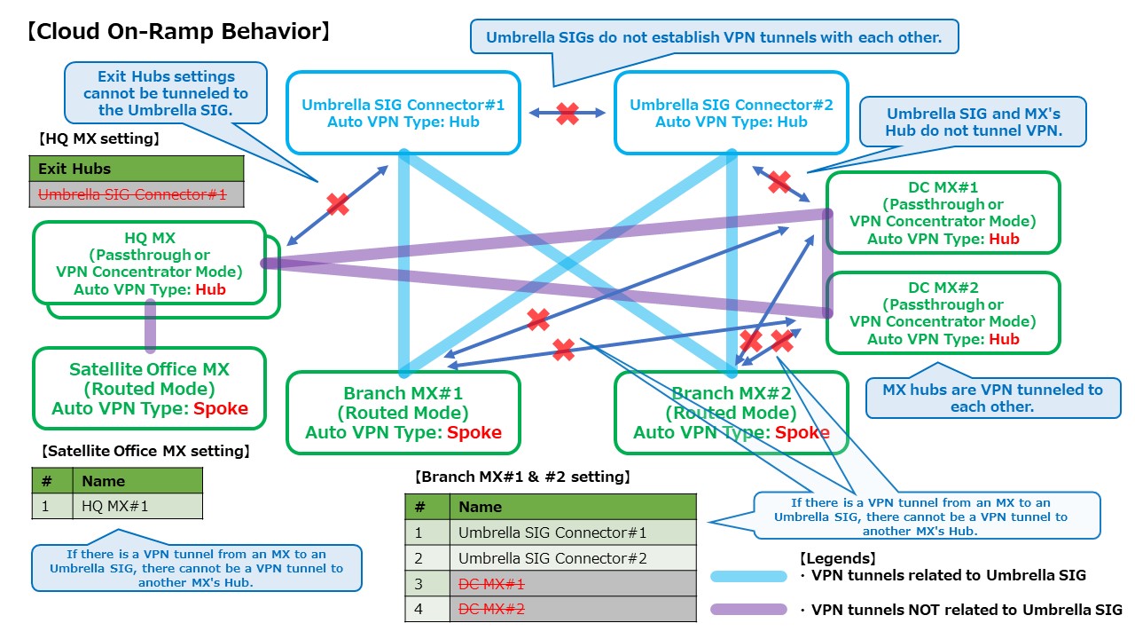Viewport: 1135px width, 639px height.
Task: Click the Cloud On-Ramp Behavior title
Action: click(178, 32)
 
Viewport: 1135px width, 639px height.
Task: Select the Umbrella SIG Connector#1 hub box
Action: click(403, 113)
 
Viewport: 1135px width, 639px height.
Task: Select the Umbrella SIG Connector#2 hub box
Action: click(731, 113)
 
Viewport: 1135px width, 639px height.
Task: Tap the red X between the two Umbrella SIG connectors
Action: click(567, 113)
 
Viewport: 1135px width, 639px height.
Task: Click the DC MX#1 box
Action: click(943, 213)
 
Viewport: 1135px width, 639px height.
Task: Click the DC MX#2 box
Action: click(943, 312)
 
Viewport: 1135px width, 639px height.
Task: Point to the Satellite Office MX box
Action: click(150, 388)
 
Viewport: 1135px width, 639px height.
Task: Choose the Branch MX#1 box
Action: click(403, 413)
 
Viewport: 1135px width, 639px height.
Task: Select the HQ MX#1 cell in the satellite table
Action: click(137, 506)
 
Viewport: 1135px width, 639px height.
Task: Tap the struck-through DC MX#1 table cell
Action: click(572, 584)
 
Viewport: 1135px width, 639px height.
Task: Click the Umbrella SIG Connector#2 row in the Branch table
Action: click(572, 558)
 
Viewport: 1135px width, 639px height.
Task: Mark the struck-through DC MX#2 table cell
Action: click(572, 609)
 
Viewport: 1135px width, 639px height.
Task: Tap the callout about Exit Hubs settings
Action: click(166, 93)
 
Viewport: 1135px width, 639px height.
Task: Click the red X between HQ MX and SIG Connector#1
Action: click(337, 204)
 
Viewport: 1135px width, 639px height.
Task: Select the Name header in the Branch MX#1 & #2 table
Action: click(572, 507)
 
